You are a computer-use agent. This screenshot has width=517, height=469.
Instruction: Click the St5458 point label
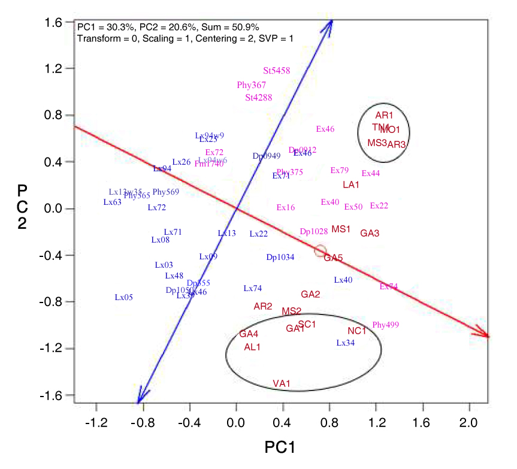click(277, 71)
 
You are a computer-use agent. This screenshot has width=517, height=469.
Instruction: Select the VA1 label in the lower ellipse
click(282, 383)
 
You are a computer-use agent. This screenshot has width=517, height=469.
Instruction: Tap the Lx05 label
click(124, 297)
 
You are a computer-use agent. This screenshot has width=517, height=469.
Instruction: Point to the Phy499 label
click(385, 325)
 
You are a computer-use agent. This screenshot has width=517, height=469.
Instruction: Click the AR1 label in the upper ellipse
click(384, 115)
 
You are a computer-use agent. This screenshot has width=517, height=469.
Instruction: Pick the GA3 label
click(370, 233)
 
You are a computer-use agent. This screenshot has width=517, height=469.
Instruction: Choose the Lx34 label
click(346, 343)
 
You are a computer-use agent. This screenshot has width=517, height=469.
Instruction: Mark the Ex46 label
click(325, 129)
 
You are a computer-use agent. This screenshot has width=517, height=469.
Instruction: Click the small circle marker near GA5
click(321, 251)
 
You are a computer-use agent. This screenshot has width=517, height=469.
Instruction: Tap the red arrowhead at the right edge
click(486, 335)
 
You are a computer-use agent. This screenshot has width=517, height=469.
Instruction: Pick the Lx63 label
click(113, 202)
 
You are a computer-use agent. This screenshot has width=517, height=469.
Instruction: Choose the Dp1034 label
click(280, 258)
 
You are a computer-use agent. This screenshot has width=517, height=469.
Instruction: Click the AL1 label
click(252, 347)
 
